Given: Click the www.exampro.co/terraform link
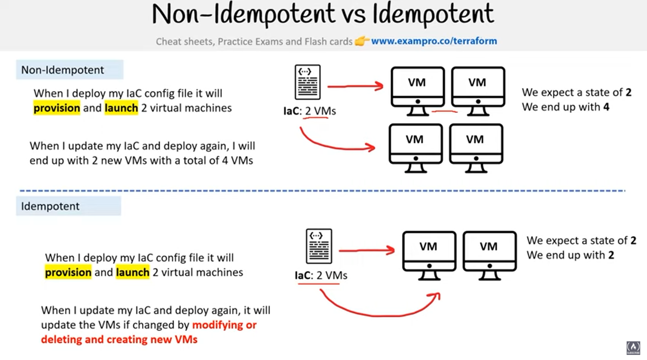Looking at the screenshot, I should pyautogui.click(x=434, y=41).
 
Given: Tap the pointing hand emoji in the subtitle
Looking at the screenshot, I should pyautogui.click(x=361, y=41).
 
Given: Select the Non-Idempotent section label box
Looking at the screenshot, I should pyautogui.click(x=70, y=70).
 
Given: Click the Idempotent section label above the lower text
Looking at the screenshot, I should pyautogui.click(x=68, y=206).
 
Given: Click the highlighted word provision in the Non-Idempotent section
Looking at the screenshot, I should pyautogui.click(x=57, y=108).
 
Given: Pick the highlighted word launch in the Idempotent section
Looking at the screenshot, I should pyautogui.click(x=132, y=272).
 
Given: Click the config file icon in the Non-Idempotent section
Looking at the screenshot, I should pyautogui.click(x=308, y=82).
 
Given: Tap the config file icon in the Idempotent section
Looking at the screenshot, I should pyautogui.click(x=319, y=246).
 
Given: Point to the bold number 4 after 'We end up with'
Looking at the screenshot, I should pyautogui.click(x=606, y=107).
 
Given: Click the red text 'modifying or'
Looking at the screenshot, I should pyautogui.click(x=224, y=325).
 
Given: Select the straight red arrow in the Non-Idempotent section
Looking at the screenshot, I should pyautogui.click(x=355, y=86).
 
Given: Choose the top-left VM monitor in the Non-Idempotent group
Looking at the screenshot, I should pyautogui.click(x=417, y=90).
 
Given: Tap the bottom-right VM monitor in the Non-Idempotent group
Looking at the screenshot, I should pyautogui.click(x=476, y=147).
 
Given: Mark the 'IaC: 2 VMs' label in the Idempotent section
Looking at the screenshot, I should pyautogui.click(x=321, y=275).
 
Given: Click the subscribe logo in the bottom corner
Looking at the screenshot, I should pyautogui.click(x=633, y=348).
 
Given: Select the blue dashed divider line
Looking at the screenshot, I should pyautogui.click(x=322, y=191).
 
